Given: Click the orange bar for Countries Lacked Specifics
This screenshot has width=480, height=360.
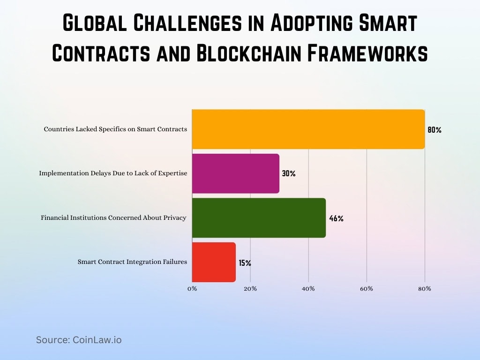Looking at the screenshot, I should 308,129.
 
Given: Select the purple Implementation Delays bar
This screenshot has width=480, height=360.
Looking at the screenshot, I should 235,173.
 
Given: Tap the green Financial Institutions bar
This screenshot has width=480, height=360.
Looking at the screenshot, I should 259,218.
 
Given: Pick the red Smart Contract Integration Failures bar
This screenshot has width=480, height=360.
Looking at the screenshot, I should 214,262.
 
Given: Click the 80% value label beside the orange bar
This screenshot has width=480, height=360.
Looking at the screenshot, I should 434,130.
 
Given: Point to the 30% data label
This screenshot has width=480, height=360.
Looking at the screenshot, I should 288,173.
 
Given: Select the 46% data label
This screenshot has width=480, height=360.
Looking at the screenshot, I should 336,218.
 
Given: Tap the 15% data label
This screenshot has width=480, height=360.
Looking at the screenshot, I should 245,263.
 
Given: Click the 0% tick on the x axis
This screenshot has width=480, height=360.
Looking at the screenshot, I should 192,289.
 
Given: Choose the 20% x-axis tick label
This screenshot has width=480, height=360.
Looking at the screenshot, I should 250,289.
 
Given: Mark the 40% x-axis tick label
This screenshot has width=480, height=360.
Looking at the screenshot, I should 308,289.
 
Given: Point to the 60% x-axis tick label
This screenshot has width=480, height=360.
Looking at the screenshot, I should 367,289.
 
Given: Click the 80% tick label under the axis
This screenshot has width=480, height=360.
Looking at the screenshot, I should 425,289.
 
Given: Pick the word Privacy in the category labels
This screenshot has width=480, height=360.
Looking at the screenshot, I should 174,217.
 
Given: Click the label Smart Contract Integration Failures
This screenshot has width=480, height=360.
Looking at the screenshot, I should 132,262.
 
